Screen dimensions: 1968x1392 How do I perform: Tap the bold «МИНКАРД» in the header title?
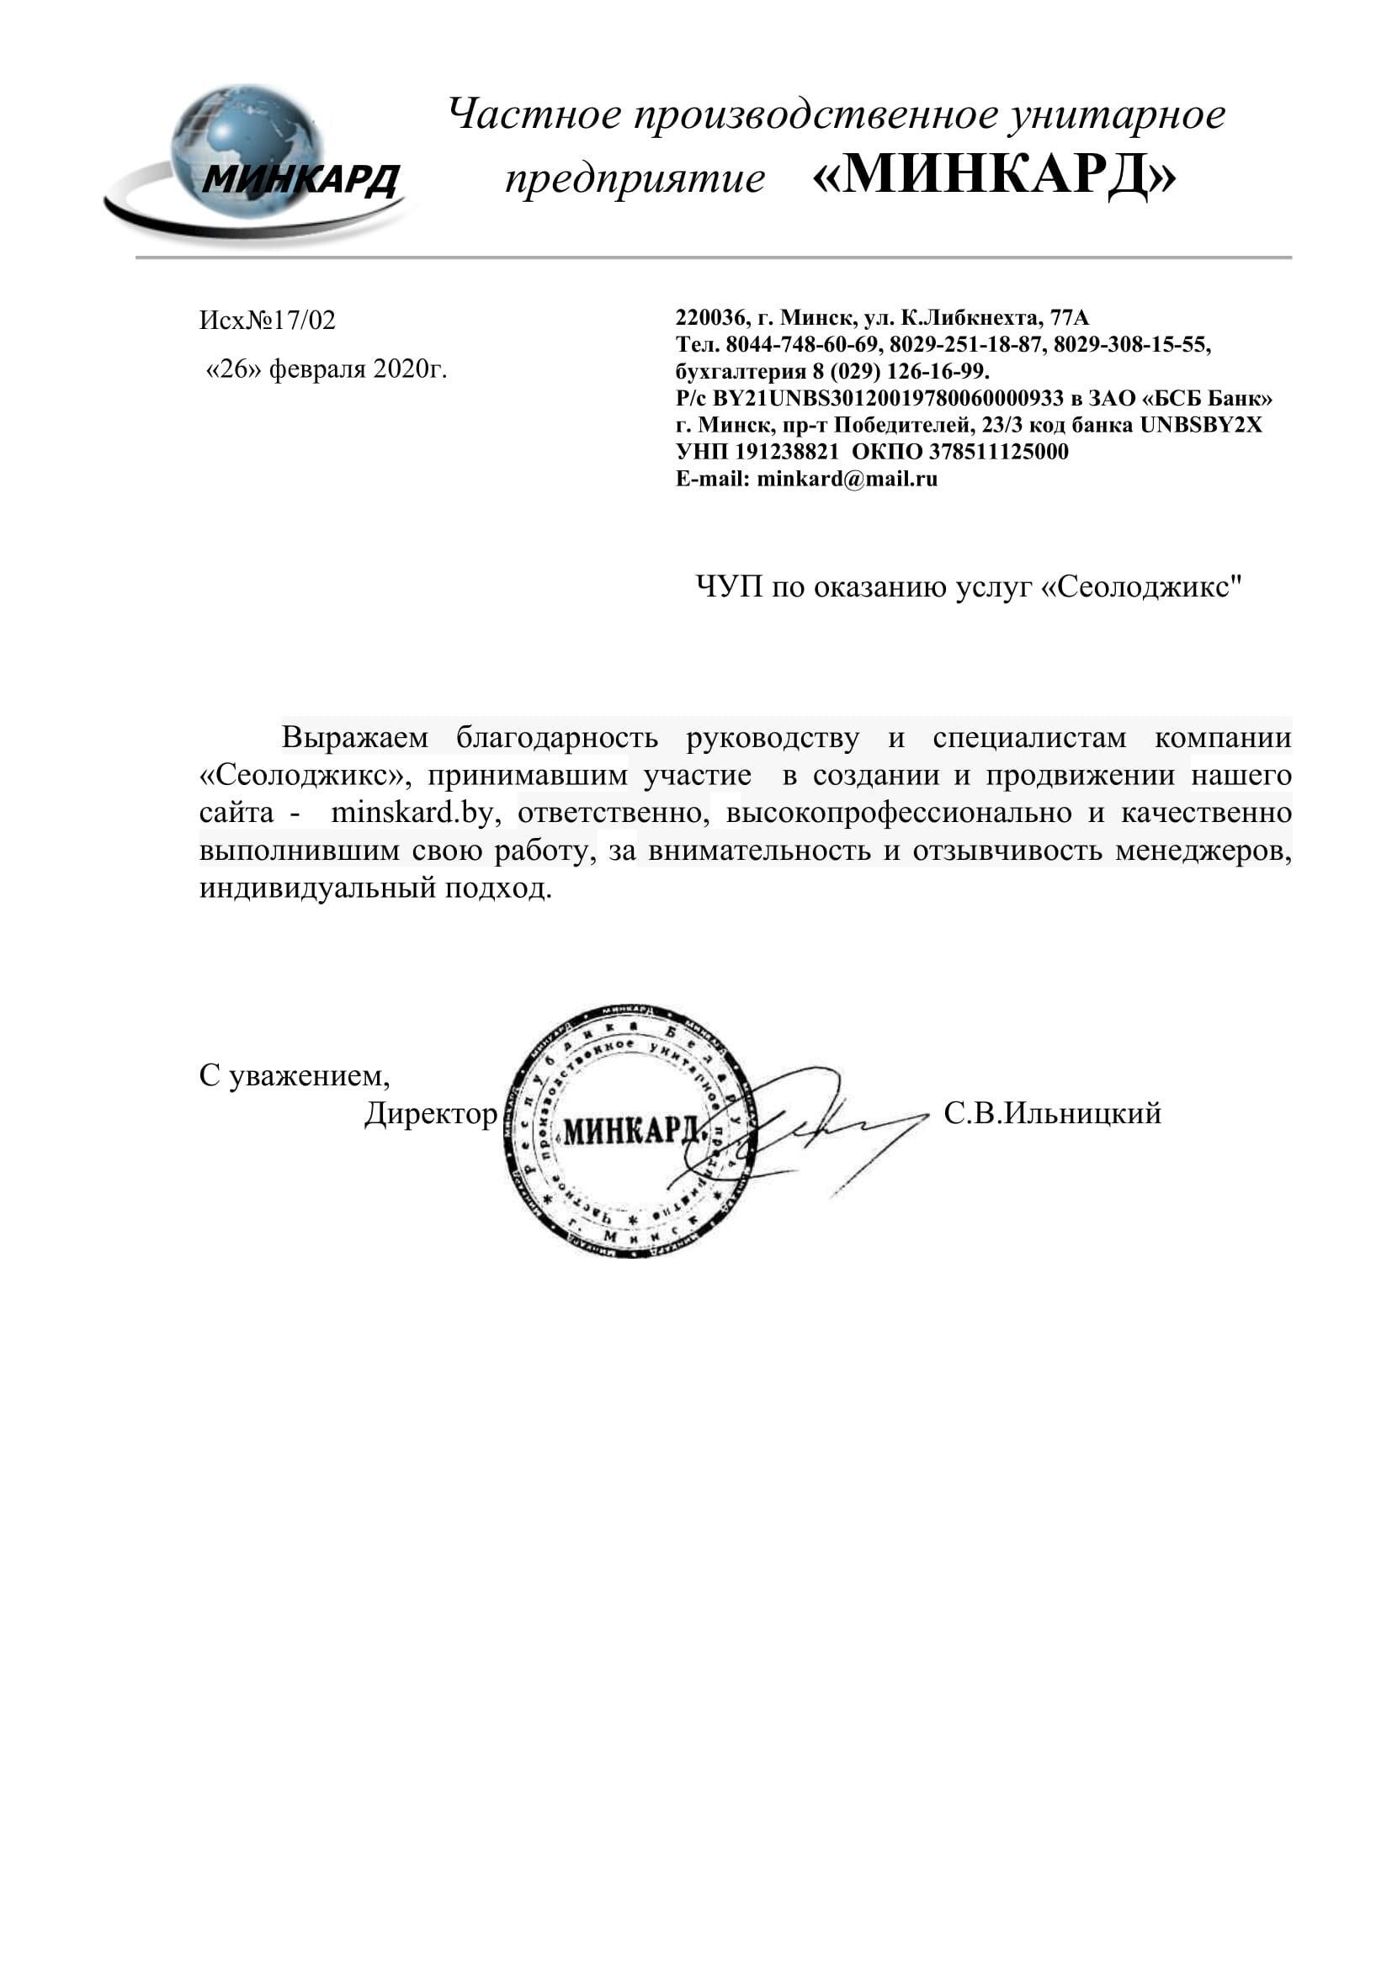point(993,175)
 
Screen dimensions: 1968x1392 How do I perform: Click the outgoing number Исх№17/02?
point(268,321)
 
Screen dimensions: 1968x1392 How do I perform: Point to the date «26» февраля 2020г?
point(327,369)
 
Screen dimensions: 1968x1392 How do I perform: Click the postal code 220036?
point(709,318)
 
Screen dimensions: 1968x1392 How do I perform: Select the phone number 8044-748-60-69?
point(802,346)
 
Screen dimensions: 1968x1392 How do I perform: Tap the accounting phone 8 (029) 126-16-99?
point(900,372)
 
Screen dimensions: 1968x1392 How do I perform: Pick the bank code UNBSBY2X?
point(1200,425)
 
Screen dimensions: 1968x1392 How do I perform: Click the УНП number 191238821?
point(786,452)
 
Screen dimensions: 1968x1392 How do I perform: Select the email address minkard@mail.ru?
point(847,479)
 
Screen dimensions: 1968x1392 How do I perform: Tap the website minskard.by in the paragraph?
point(412,813)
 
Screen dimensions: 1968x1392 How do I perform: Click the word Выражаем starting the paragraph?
point(354,738)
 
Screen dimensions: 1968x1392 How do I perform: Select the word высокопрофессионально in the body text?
point(898,813)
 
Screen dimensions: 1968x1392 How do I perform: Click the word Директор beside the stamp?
point(430,1113)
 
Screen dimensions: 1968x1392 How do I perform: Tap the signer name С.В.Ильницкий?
point(1052,1113)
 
